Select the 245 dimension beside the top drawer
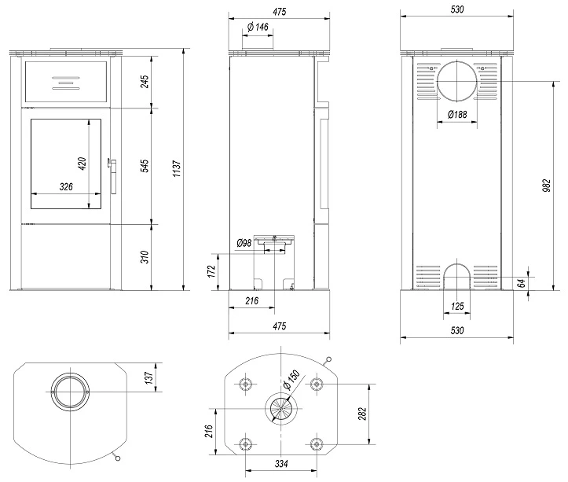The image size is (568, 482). pyautogui.click(x=145, y=81)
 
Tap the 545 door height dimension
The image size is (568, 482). pyautogui.click(x=145, y=166)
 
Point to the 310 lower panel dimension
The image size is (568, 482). pyautogui.click(x=145, y=256)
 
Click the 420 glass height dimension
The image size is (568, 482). pyautogui.click(x=82, y=164)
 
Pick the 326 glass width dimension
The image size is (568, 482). pyautogui.click(x=67, y=187)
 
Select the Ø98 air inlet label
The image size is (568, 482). pyautogui.click(x=244, y=244)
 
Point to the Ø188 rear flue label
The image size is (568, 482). pyautogui.click(x=456, y=115)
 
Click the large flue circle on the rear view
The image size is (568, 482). pyautogui.click(x=456, y=81)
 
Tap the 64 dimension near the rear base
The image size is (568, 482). pyautogui.click(x=521, y=282)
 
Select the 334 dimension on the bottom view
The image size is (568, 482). pyautogui.click(x=280, y=464)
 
